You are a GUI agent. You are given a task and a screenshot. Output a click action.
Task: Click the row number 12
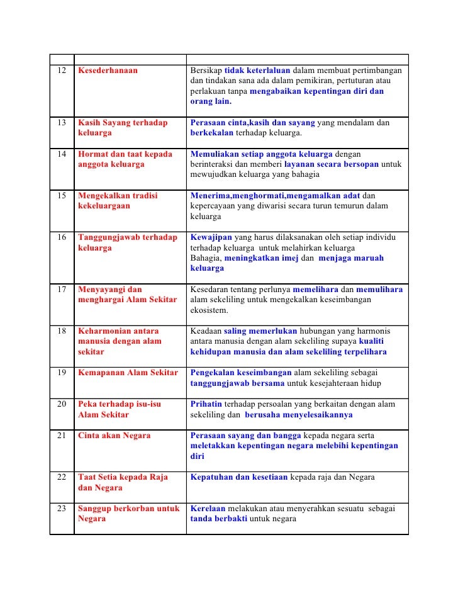point(61,70)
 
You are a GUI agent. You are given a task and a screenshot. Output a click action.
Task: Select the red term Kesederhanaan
point(108,70)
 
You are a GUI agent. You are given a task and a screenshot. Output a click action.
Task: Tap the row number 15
point(61,196)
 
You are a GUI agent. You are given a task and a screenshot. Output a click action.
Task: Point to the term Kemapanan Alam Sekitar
point(128,373)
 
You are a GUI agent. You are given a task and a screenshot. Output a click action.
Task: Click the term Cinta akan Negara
point(114,436)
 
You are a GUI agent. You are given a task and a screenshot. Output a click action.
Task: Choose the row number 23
point(61,509)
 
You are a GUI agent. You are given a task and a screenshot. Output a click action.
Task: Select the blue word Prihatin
point(206,404)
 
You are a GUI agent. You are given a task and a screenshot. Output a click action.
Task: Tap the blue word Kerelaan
point(208,509)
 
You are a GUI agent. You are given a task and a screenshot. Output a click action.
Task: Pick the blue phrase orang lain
point(211,101)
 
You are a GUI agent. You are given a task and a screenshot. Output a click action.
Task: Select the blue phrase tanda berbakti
point(220,519)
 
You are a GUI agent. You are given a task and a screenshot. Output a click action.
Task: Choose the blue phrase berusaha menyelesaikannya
point(299,415)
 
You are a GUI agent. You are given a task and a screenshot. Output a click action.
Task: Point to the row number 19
point(61,373)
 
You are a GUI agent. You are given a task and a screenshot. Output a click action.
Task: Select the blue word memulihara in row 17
point(380,290)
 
